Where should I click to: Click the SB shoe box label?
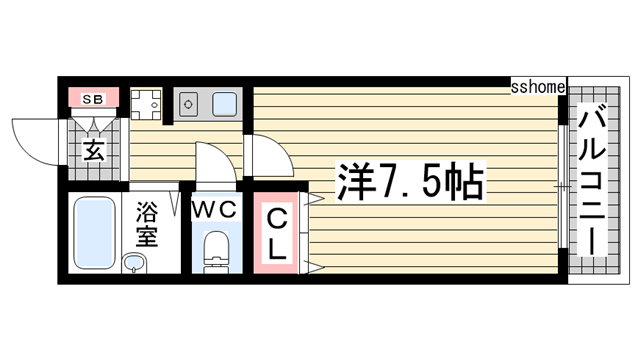click(93, 98)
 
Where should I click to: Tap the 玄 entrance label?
click(93, 151)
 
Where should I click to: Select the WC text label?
click(213, 209)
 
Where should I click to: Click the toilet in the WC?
click(214, 252)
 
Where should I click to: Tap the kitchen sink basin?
click(223, 102)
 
